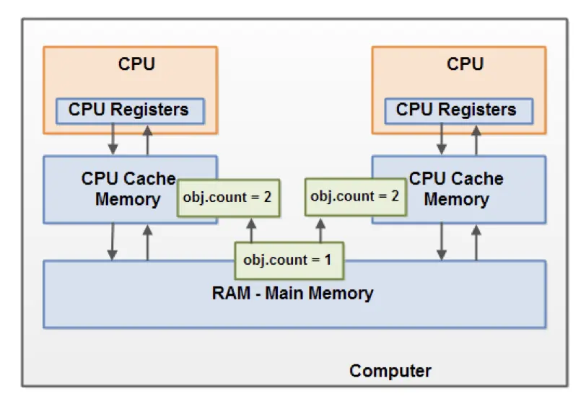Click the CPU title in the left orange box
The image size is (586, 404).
click(136, 64)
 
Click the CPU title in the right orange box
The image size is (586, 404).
click(465, 64)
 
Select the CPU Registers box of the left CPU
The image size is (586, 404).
click(130, 110)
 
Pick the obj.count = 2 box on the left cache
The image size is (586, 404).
click(227, 197)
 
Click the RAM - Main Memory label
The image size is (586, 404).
click(292, 294)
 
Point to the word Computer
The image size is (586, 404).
click(390, 372)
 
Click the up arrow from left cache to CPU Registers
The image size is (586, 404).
click(148, 139)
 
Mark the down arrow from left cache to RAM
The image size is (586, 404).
click(113, 242)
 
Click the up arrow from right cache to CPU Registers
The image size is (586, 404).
click(476, 139)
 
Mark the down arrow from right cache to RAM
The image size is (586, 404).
click(441, 242)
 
